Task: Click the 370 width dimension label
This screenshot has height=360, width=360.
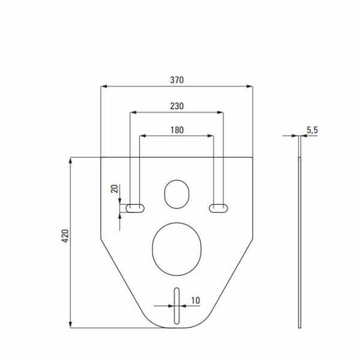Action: pyautogui.click(x=177, y=80)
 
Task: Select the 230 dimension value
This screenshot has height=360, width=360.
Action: pyautogui.click(x=177, y=106)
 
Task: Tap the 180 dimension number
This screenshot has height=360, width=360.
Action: pyautogui.click(x=177, y=130)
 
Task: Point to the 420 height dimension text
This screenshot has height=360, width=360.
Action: pyautogui.click(x=65, y=236)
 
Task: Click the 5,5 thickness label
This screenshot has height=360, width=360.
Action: pyautogui.click(x=312, y=130)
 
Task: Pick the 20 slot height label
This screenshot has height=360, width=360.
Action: pyautogui.click(x=115, y=189)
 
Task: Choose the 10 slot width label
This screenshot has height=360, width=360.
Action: pyautogui.click(x=196, y=301)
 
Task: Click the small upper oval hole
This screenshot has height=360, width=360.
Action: pyautogui.click(x=177, y=194)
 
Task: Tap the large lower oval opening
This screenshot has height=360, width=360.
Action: pyautogui.click(x=177, y=249)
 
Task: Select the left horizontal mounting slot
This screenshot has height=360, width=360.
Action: pyautogui.click(x=135, y=208)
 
